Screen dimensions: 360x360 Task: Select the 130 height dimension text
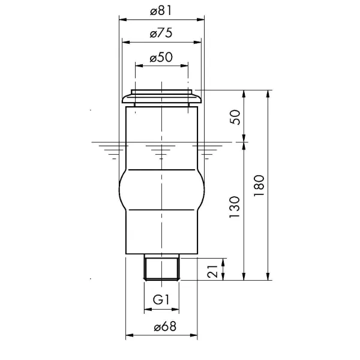point(235,206)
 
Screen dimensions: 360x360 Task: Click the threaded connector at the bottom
point(162,268)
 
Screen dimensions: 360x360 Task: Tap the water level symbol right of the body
point(206,150)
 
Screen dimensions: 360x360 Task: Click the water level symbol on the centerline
point(161,150)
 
